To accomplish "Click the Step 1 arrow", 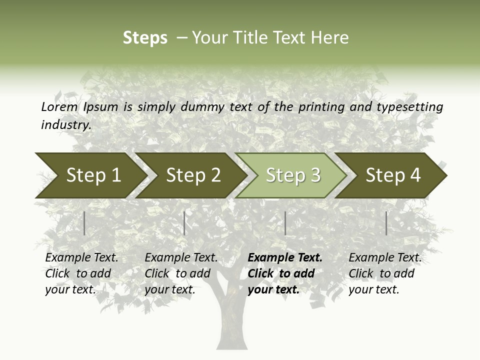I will click(90, 175).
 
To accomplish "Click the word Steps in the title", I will click(145, 38).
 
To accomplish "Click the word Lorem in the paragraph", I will click(59, 106).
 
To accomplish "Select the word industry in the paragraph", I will click(65, 124).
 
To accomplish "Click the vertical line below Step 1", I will click(84, 223).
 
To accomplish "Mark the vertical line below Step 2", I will click(184, 223).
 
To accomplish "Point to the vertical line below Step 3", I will click(285, 223).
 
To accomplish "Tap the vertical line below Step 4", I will click(386, 223).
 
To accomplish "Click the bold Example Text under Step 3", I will click(285, 258).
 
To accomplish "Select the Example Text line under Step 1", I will click(81, 258).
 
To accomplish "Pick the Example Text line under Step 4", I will click(385, 258).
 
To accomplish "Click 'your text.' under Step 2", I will click(170, 289).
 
